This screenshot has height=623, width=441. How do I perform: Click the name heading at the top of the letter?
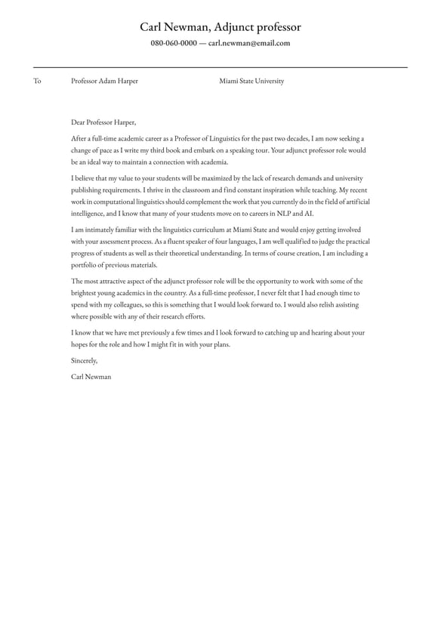220,27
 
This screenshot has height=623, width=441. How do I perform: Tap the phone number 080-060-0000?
173,44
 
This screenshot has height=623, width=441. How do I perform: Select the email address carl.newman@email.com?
249,44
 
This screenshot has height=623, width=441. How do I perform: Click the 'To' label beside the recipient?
37,82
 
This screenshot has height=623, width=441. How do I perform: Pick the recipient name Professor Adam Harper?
104,82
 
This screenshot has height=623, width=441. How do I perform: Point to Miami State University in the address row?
251,82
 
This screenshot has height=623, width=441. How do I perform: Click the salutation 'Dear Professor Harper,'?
103,122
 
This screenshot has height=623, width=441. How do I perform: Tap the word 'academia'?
212,162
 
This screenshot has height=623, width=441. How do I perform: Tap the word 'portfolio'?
85,265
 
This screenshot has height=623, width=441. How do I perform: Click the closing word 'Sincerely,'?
85,361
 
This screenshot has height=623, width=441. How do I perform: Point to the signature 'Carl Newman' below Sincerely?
91,377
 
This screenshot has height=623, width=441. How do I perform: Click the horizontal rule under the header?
220,67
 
